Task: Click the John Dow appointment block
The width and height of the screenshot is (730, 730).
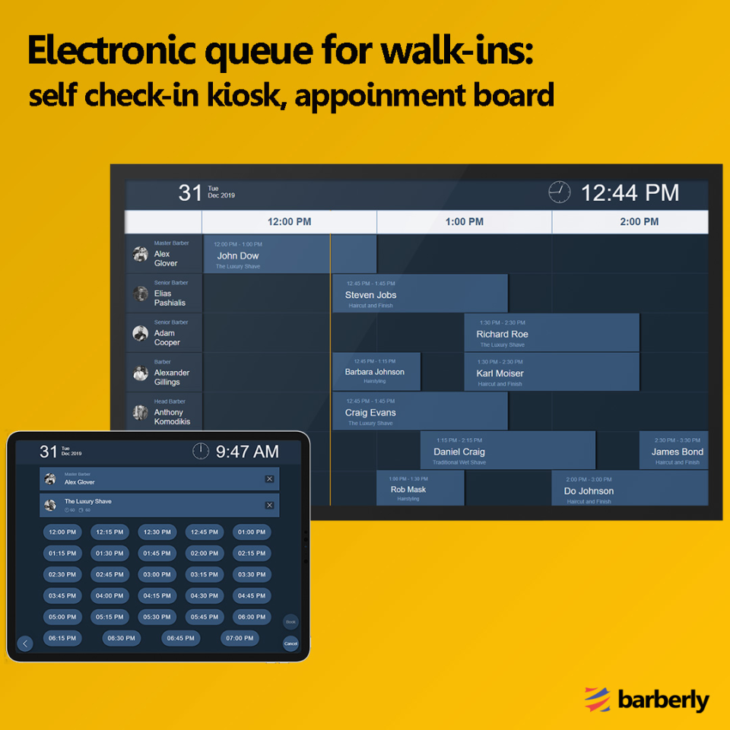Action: tap(290, 254)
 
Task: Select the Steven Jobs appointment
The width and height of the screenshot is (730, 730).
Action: tap(420, 294)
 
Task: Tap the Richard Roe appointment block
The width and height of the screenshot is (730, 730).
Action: tap(551, 333)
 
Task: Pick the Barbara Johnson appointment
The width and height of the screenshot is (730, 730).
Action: tap(376, 372)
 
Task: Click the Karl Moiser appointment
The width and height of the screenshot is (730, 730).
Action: tap(551, 373)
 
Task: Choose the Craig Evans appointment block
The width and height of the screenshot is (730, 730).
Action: tap(420, 411)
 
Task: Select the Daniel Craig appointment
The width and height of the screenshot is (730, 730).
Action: tap(507, 451)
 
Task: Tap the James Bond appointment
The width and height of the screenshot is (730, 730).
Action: tap(674, 451)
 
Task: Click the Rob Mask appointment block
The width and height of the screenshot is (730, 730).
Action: tap(420, 488)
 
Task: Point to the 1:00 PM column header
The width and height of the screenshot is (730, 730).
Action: tap(464, 222)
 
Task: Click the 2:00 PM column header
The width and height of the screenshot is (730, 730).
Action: tap(639, 222)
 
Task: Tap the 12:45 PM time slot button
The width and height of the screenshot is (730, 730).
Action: tap(204, 532)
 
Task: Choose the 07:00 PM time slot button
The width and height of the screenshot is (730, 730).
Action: tap(240, 638)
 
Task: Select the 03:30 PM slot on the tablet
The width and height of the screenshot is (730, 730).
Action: tap(251, 574)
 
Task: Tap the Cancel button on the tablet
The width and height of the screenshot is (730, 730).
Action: tap(290, 643)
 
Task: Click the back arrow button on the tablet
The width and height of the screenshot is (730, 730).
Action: tap(25, 644)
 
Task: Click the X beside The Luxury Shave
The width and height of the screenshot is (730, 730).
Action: tap(269, 505)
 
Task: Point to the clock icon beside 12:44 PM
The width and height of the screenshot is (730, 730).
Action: tap(559, 192)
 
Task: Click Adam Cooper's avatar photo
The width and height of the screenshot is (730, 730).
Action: tap(140, 333)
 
